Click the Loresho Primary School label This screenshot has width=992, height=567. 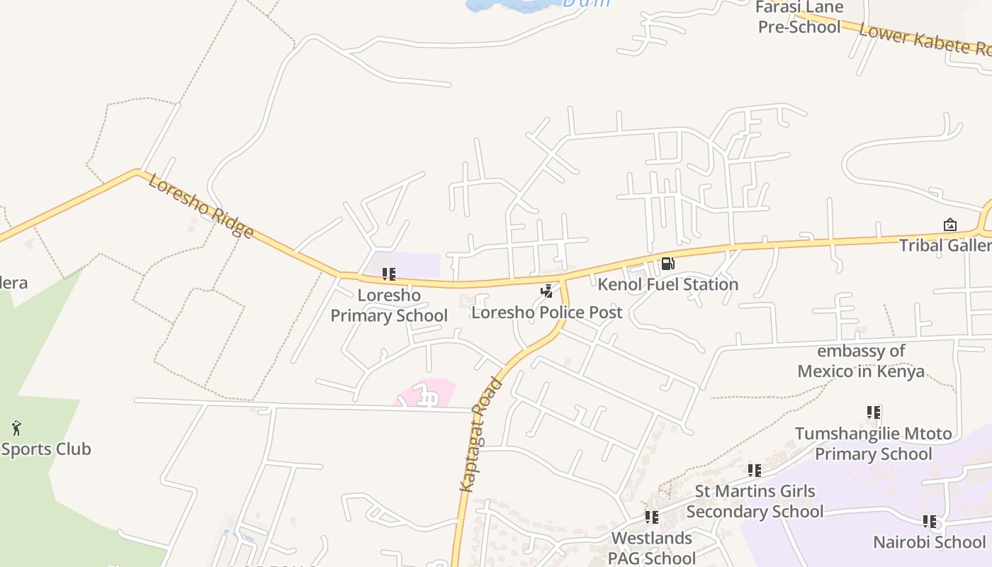pos(389,305)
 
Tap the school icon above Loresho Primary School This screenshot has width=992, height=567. pos(388,274)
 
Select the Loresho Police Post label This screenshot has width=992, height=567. pos(546,312)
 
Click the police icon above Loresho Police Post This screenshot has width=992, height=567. pos(546,291)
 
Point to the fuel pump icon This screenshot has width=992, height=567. pos(667,264)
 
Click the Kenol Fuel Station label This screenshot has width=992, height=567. pos(667,284)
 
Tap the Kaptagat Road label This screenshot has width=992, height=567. pos(480,434)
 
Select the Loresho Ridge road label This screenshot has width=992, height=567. pos(201,206)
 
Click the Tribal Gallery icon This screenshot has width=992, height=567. pos(949,225)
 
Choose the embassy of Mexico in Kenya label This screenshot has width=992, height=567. pos(861,361)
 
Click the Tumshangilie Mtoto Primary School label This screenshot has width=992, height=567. pos(873,444)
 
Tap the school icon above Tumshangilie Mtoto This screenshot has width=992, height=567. pos(873,412)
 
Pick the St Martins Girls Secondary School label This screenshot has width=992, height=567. pos(755,501)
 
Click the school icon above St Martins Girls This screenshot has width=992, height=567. pos(754,470)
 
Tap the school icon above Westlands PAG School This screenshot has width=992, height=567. pos(651,517)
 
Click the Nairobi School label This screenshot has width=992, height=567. pos(929,542)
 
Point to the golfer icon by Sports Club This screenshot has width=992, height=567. pos(17,428)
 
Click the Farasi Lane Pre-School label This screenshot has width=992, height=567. pos(801,17)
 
